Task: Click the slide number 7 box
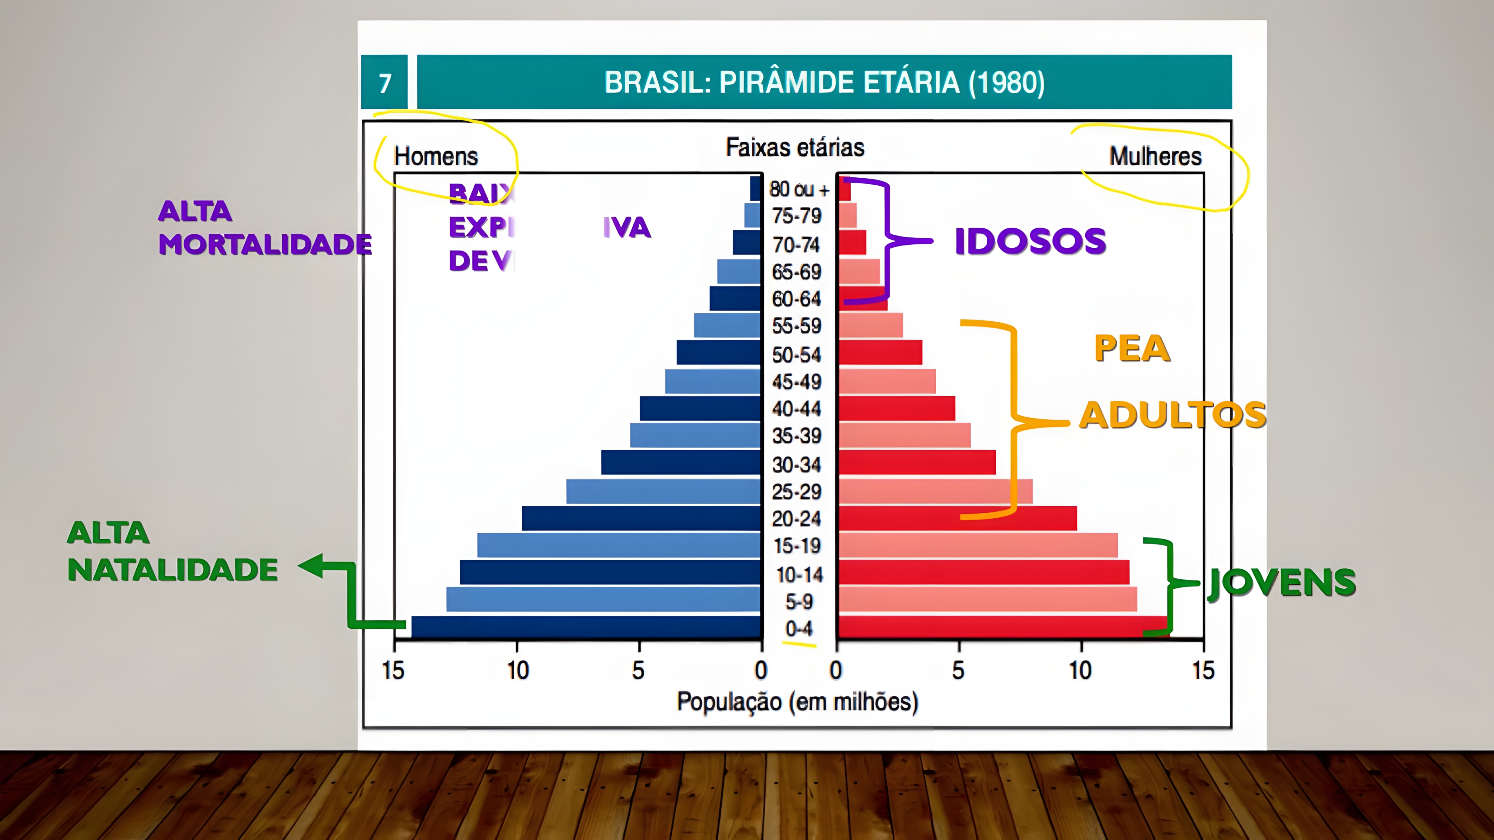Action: pyautogui.click(x=384, y=82)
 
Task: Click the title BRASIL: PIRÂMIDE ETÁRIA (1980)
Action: pyautogui.click(x=824, y=82)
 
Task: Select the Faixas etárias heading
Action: pyautogui.click(x=795, y=147)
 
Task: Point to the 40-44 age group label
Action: pyautogui.click(x=796, y=409)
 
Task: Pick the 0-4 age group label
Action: pyautogui.click(x=799, y=628)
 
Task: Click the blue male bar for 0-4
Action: pyautogui.click(x=586, y=627)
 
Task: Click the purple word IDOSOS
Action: pyautogui.click(x=1030, y=241)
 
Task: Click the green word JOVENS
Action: pyautogui.click(x=1282, y=583)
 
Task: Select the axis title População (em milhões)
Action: pyautogui.click(x=797, y=702)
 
